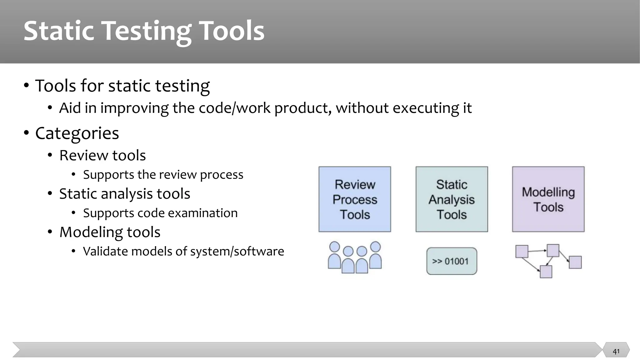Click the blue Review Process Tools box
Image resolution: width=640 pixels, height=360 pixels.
(x=355, y=199)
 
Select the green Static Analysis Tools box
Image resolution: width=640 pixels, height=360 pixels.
(x=452, y=199)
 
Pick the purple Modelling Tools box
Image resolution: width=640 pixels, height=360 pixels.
(x=548, y=199)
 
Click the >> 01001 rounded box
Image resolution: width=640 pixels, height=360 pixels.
(x=452, y=261)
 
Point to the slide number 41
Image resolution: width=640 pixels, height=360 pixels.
(x=616, y=351)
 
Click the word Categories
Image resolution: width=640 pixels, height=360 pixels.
(x=77, y=133)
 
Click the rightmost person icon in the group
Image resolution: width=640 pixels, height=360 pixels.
(x=375, y=256)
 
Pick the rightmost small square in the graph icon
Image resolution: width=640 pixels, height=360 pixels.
(x=575, y=262)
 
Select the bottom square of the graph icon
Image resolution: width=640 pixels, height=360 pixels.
(x=546, y=272)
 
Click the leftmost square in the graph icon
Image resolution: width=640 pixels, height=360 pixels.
(x=522, y=252)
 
